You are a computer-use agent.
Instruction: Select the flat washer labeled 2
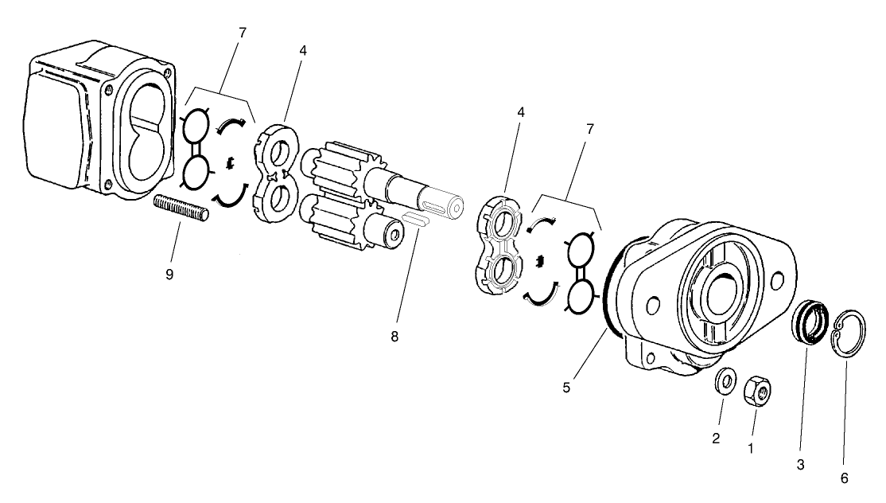click(x=725, y=380)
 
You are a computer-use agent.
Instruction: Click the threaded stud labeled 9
click(x=181, y=209)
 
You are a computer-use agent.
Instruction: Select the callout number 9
click(x=169, y=275)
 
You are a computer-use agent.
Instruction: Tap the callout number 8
click(x=394, y=336)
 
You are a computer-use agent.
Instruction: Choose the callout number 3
click(x=801, y=463)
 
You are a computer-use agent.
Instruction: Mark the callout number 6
click(x=845, y=478)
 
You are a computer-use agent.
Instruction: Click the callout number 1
click(x=749, y=448)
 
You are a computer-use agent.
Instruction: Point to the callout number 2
click(x=716, y=439)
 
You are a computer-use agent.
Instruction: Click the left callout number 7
click(x=242, y=33)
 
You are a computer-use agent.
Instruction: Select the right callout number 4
click(x=521, y=112)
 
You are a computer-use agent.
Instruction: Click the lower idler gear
click(x=338, y=218)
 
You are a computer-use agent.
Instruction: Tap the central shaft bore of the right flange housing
click(x=724, y=291)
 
